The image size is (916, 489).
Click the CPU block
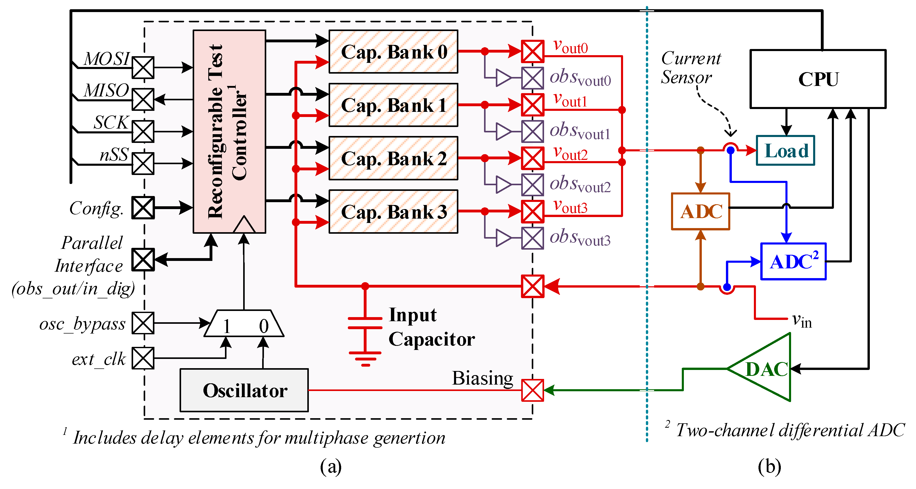817,79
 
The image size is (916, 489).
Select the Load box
785,150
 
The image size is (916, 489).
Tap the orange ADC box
700,212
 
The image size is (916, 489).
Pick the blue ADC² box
793,261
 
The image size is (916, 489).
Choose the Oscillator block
244,390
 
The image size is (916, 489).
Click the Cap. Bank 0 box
393,52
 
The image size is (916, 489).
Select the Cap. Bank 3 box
393,212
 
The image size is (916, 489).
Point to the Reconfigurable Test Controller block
229,132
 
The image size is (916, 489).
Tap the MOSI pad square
143,67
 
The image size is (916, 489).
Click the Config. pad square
143,208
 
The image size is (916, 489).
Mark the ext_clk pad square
143,358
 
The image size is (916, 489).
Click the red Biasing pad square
532,390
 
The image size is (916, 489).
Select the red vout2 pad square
532,158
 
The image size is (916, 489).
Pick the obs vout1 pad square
532,131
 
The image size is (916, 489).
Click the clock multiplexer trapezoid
244,324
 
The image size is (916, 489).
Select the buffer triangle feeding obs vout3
503,238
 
